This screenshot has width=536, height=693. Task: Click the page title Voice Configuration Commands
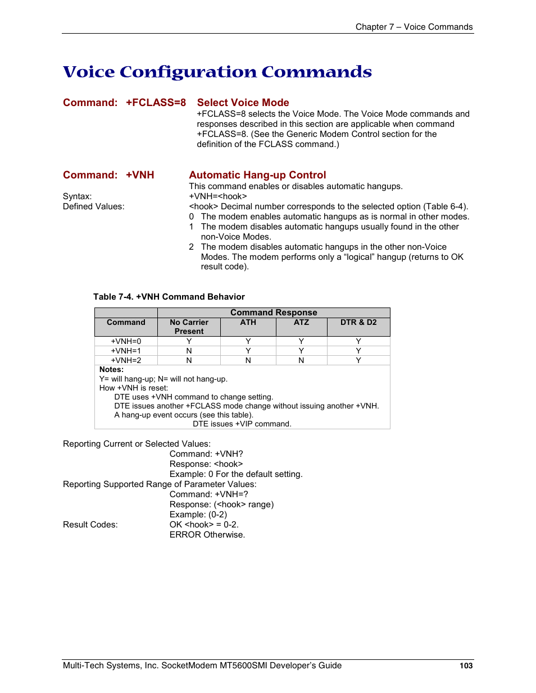(x=217, y=72)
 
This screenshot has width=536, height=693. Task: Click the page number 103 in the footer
(x=466, y=666)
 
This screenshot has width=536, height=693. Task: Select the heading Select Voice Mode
(x=243, y=103)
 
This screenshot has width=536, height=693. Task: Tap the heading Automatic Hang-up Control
(x=257, y=175)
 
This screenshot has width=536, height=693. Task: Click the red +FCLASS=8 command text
(x=156, y=103)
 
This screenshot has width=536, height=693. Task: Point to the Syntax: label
(x=77, y=196)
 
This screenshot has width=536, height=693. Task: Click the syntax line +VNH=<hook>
(x=218, y=196)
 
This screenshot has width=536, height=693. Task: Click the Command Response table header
(x=274, y=313)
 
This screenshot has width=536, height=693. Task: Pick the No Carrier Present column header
(x=189, y=327)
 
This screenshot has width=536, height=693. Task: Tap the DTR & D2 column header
(x=358, y=323)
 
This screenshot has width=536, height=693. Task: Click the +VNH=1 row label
(x=126, y=351)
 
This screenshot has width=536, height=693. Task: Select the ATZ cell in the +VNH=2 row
(x=301, y=360)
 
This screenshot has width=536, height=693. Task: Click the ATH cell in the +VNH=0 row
(x=248, y=341)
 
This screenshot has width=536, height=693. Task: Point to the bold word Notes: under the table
(x=111, y=370)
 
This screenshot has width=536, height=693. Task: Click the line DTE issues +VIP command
(x=242, y=424)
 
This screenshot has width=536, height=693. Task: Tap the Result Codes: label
(x=90, y=525)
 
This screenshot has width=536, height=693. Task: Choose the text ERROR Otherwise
(x=207, y=535)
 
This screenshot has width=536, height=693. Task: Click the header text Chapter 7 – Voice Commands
(x=414, y=27)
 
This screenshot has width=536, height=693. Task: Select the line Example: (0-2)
(x=198, y=515)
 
